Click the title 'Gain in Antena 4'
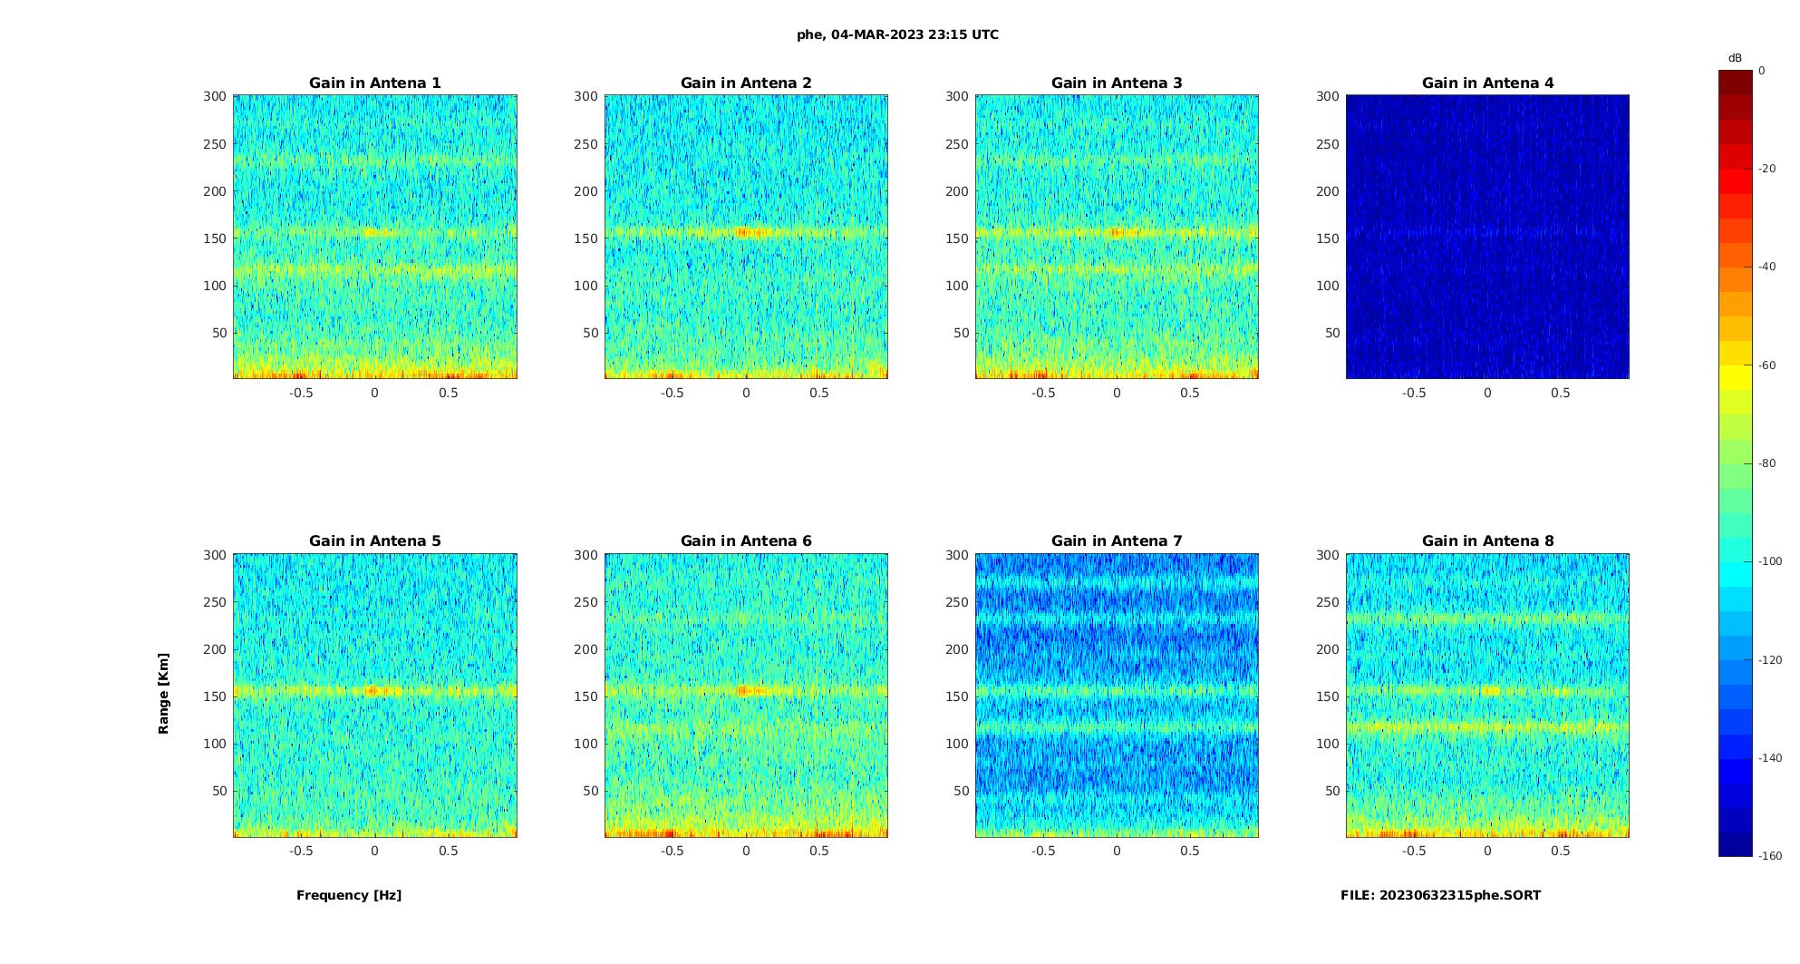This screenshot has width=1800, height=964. (x=1487, y=83)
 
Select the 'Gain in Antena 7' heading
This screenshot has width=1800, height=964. (x=1117, y=540)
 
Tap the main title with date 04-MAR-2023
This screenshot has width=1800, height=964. (x=897, y=34)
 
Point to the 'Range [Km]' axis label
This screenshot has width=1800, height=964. (x=163, y=693)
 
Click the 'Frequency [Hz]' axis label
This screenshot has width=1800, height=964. (x=349, y=895)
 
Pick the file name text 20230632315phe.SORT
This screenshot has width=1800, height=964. (x=1440, y=895)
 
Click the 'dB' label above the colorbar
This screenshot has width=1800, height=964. (x=1735, y=58)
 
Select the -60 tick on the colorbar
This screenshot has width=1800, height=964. (x=1767, y=365)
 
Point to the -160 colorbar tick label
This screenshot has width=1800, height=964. (x=1770, y=856)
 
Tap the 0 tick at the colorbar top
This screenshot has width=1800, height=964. (x=1761, y=71)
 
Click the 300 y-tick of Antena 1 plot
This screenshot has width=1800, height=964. (x=214, y=96)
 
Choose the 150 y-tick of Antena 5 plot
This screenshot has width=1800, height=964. (x=214, y=696)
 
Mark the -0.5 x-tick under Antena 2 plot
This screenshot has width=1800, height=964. (x=672, y=393)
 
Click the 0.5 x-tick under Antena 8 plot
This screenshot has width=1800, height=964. (x=1560, y=851)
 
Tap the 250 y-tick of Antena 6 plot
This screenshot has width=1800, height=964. (x=585, y=602)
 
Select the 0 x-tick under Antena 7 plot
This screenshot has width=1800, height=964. (x=1117, y=851)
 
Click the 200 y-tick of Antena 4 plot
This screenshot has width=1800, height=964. (x=1327, y=191)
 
